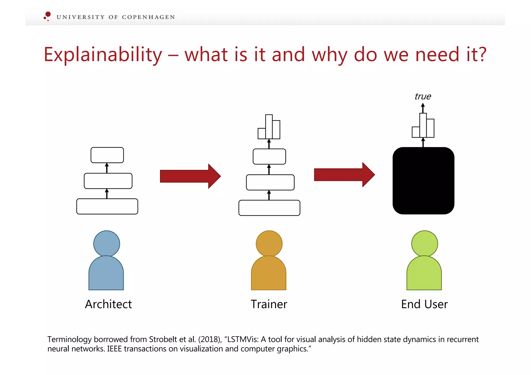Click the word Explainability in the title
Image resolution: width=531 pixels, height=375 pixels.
(x=103, y=55)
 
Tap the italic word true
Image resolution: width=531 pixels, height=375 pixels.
(x=423, y=96)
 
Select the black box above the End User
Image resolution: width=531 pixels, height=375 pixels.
(x=423, y=181)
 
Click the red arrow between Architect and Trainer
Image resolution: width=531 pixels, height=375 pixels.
(x=190, y=176)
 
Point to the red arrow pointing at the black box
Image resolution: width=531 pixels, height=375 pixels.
(x=344, y=175)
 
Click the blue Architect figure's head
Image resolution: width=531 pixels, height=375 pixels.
(x=107, y=244)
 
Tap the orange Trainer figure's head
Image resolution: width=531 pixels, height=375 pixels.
(x=269, y=244)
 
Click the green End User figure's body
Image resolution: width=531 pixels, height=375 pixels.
(x=424, y=275)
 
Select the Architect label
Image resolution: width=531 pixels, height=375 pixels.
(x=108, y=304)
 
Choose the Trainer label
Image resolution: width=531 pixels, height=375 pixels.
(x=269, y=304)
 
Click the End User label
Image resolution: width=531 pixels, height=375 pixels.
(x=424, y=304)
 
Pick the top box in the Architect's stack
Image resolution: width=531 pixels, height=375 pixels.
(x=107, y=155)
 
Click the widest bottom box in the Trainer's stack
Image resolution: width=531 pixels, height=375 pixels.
(x=269, y=208)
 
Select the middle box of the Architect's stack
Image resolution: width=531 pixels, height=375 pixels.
(x=108, y=181)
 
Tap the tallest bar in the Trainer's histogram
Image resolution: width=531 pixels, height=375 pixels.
(x=269, y=127)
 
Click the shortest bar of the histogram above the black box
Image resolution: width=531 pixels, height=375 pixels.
(x=416, y=132)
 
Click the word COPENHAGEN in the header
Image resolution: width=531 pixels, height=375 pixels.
(x=148, y=17)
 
